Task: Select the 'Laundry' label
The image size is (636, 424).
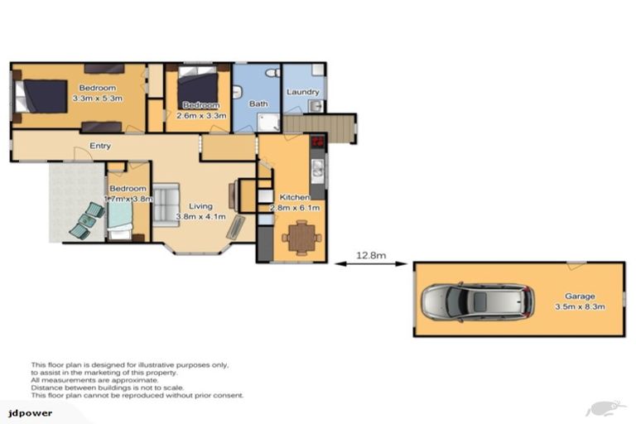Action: (x=303, y=92)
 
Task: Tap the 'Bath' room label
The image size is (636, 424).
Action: (x=258, y=104)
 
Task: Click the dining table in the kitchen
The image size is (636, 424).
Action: (x=299, y=238)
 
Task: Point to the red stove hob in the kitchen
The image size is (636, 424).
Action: (x=316, y=142)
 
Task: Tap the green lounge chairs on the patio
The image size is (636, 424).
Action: (x=89, y=219)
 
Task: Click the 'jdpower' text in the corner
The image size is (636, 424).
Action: (x=25, y=412)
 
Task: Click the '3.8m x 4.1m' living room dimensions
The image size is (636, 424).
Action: (x=200, y=219)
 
